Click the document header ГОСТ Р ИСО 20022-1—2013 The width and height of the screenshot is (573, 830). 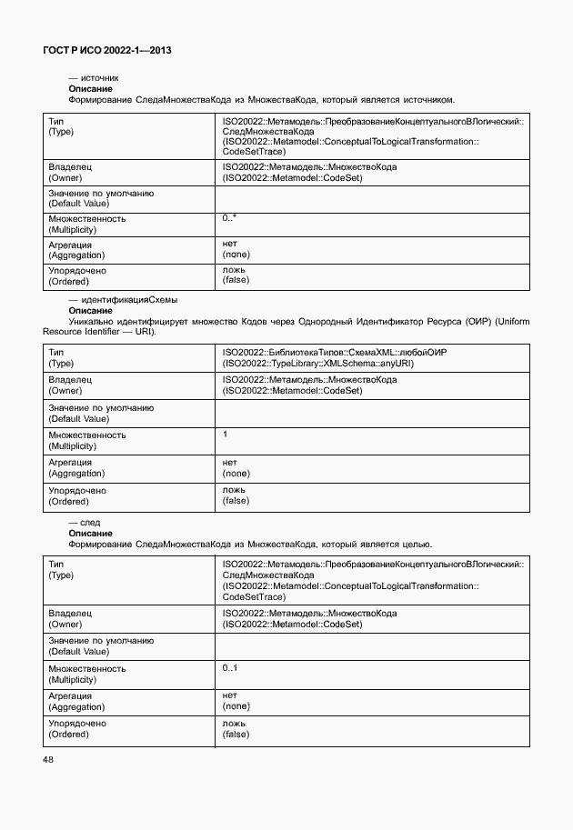pyautogui.click(x=107, y=51)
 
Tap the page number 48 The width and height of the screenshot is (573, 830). pyautogui.click(x=48, y=759)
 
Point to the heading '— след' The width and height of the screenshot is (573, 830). pyautogui.click(x=85, y=523)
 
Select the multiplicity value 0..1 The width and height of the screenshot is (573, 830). pyautogui.click(x=230, y=668)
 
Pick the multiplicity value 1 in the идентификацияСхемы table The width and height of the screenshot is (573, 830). pyautogui.click(x=225, y=435)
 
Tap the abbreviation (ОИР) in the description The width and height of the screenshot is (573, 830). pyautogui.click(x=473, y=321)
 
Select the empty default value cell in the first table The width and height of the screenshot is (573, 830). pyautogui.click(x=371, y=198)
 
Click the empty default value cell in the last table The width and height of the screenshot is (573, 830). pyautogui.click(x=371, y=647)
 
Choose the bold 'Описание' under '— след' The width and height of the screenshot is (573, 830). pyautogui.click(x=90, y=534)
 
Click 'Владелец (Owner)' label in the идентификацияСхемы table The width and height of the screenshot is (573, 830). pyautogui.click(x=70, y=385)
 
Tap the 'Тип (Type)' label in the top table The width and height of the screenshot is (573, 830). pyautogui.click(x=60, y=126)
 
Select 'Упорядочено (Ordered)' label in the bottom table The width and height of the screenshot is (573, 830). pyautogui.click(x=76, y=729)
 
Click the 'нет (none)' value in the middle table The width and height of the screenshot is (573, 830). pyautogui.click(x=236, y=467)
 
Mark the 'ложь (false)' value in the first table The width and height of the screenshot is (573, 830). pyautogui.click(x=236, y=275)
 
